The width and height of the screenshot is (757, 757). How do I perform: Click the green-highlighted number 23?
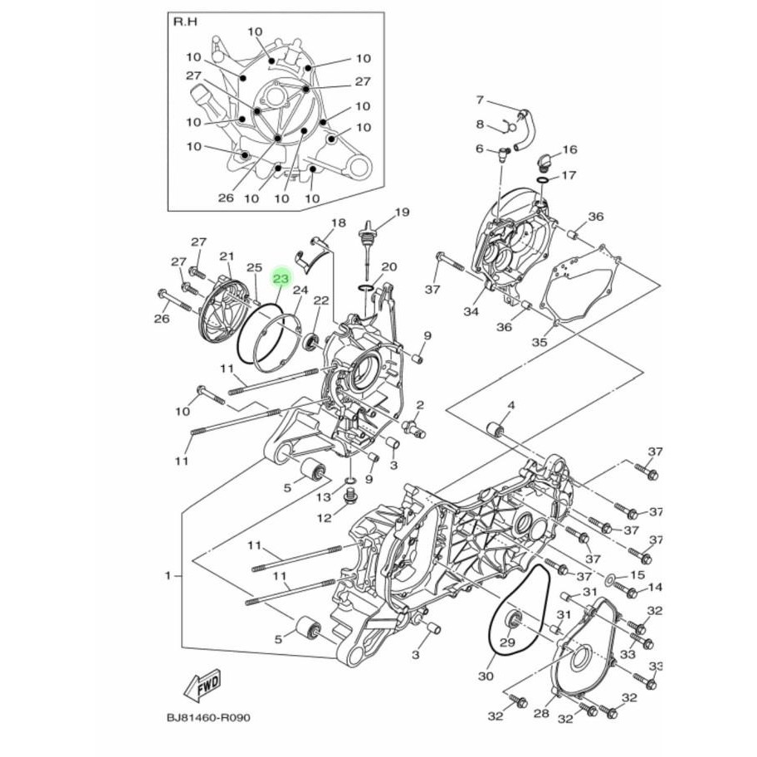coord(281,279)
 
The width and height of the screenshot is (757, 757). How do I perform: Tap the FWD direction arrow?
coord(202,685)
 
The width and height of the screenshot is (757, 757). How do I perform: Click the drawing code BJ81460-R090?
coord(208,718)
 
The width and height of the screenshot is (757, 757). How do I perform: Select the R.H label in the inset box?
coord(185,22)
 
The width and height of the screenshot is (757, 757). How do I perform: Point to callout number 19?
coord(402,212)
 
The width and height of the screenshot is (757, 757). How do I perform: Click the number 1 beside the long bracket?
coord(168,575)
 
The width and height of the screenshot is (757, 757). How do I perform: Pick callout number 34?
coord(471,311)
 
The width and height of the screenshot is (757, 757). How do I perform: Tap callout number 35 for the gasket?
coord(540,342)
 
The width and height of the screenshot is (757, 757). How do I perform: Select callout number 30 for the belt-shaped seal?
coord(486,676)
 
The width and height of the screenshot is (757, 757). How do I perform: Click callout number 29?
coord(507,642)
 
